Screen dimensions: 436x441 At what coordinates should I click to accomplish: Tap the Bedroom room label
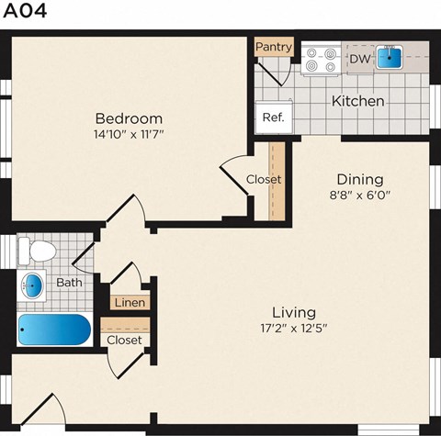pyautogui.click(x=130, y=118)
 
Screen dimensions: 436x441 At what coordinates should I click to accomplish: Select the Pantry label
pyautogui.click(x=274, y=47)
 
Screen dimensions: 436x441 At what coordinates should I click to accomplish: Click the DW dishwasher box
pyautogui.click(x=359, y=60)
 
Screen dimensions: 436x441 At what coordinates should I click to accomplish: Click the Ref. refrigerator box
pyautogui.click(x=273, y=117)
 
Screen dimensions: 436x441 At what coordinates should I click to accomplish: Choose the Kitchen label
pyautogui.click(x=357, y=101)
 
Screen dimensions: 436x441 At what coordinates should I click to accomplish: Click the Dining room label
pyautogui.click(x=359, y=179)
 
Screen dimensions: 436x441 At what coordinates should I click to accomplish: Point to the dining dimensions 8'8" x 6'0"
pyautogui.click(x=359, y=196)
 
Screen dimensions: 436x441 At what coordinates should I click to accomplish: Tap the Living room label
pyautogui.click(x=293, y=312)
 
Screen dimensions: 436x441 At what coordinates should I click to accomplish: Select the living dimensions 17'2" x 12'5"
pyautogui.click(x=293, y=329)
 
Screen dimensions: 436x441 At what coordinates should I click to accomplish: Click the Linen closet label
pyautogui.click(x=130, y=302)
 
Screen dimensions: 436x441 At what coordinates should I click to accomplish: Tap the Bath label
pyautogui.click(x=69, y=283)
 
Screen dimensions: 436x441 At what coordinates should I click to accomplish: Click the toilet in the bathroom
pyautogui.click(x=38, y=249)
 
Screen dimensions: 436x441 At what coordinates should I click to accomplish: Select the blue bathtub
pyautogui.click(x=54, y=330)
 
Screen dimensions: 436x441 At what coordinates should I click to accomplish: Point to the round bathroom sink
pyautogui.click(x=32, y=285)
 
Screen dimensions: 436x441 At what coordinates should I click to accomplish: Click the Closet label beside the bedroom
pyautogui.click(x=264, y=180)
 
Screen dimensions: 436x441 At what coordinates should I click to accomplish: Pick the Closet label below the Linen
pyautogui.click(x=124, y=340)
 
